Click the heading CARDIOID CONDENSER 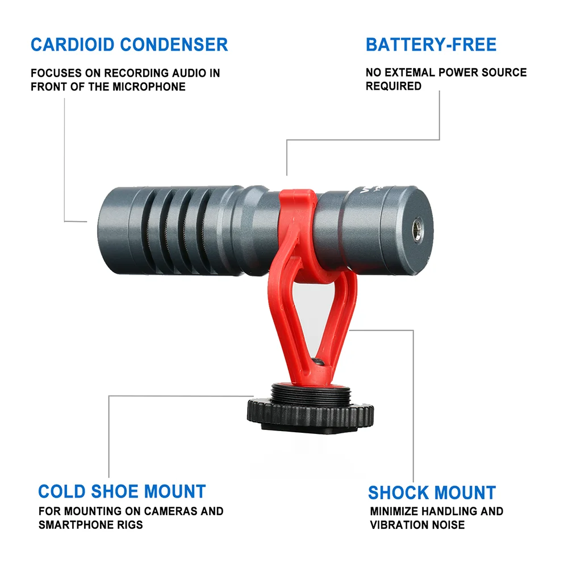129,44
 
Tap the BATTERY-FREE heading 431,44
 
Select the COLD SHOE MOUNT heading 122,491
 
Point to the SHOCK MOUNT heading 432,492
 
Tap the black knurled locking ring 310,412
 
